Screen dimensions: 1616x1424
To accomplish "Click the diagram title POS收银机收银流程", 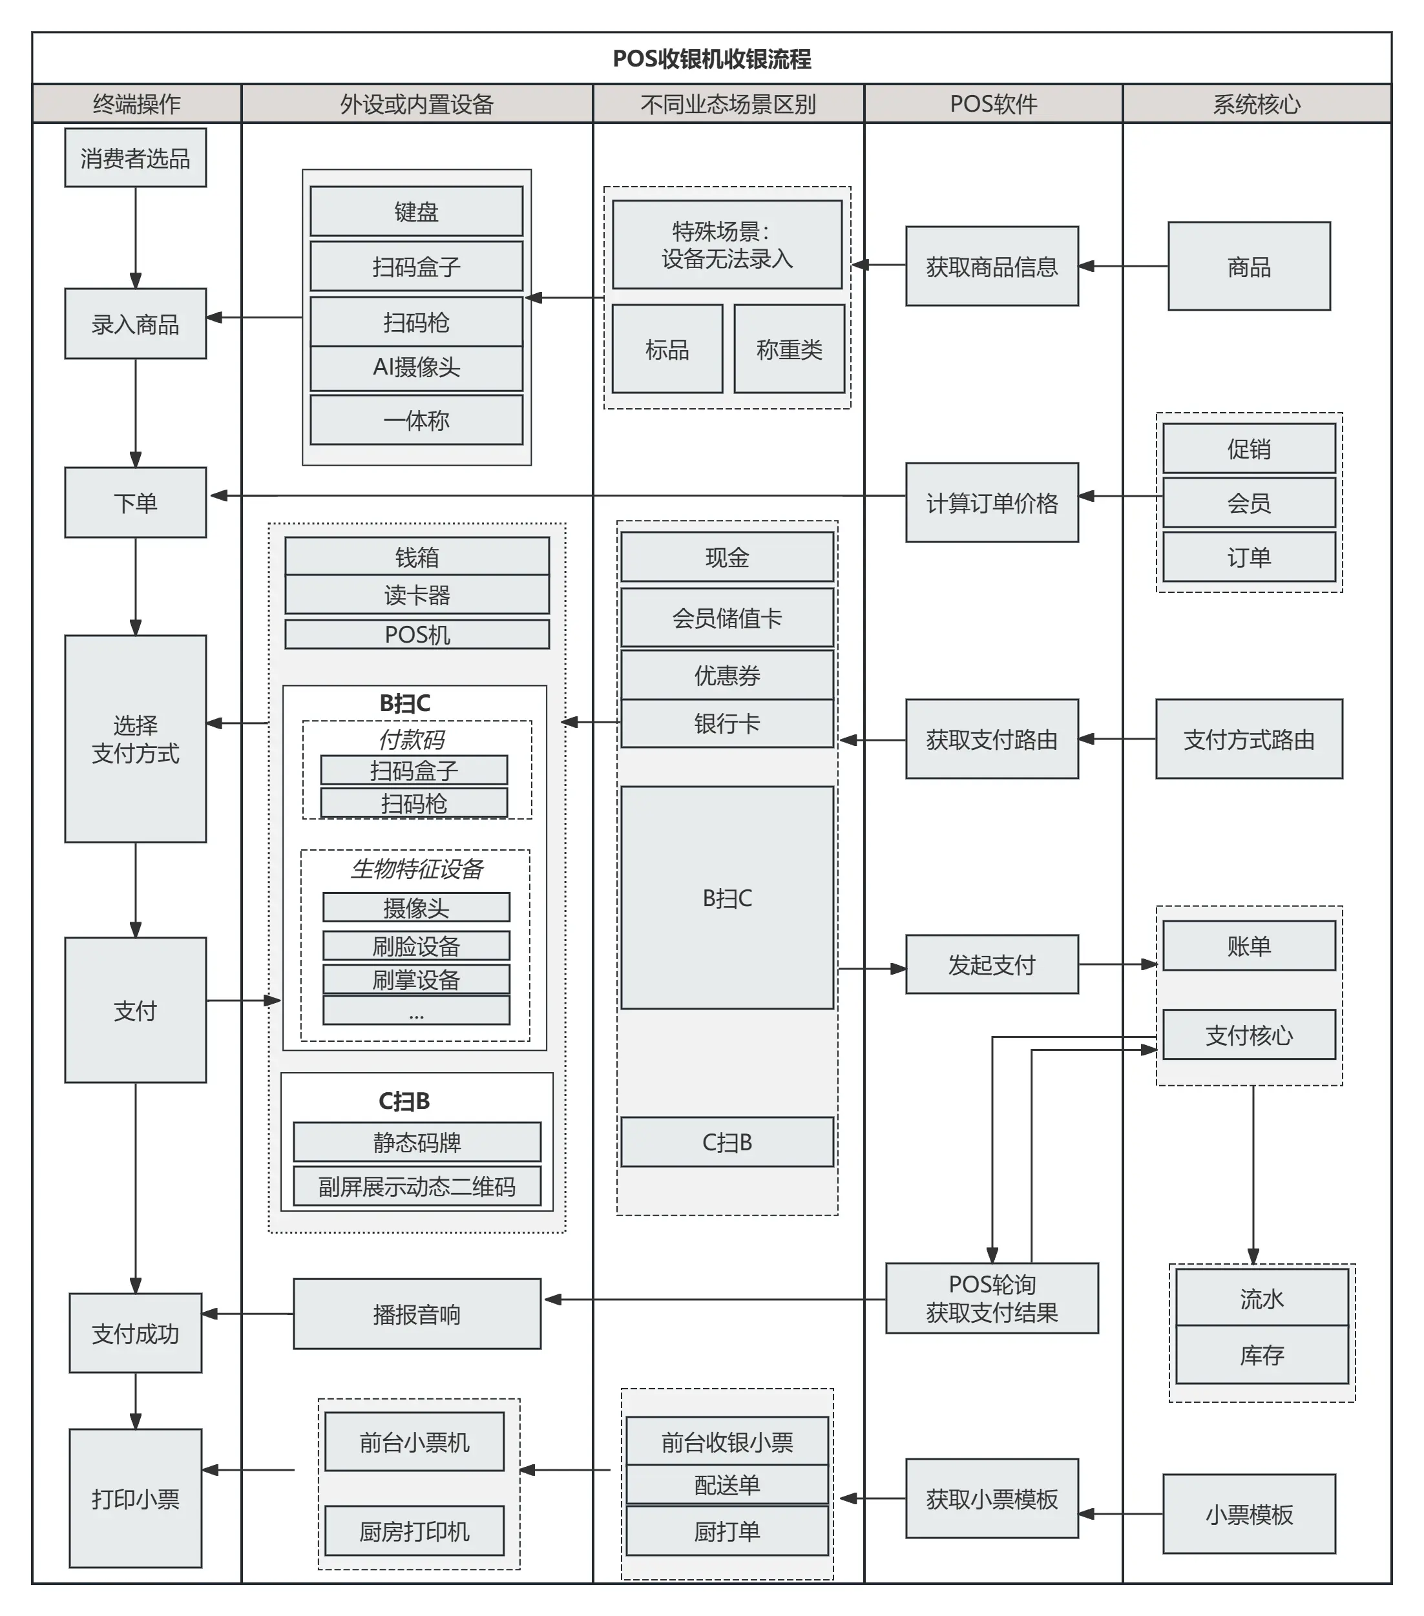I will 711,59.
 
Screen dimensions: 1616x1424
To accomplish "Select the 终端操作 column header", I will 136,103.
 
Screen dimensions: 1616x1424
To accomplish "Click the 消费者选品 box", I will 135,158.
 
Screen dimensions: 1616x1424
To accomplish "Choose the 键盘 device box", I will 416,211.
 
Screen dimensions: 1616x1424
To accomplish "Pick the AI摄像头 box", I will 416,367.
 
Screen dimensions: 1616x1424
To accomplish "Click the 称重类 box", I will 788,349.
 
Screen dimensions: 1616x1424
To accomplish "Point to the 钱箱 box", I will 416,557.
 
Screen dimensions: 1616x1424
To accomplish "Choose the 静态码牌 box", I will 416,1142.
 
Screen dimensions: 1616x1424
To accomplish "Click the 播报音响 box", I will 416,1314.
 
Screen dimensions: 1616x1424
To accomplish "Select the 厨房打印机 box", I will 414,1531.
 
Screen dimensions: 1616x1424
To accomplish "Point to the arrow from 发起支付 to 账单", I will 1116,964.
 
